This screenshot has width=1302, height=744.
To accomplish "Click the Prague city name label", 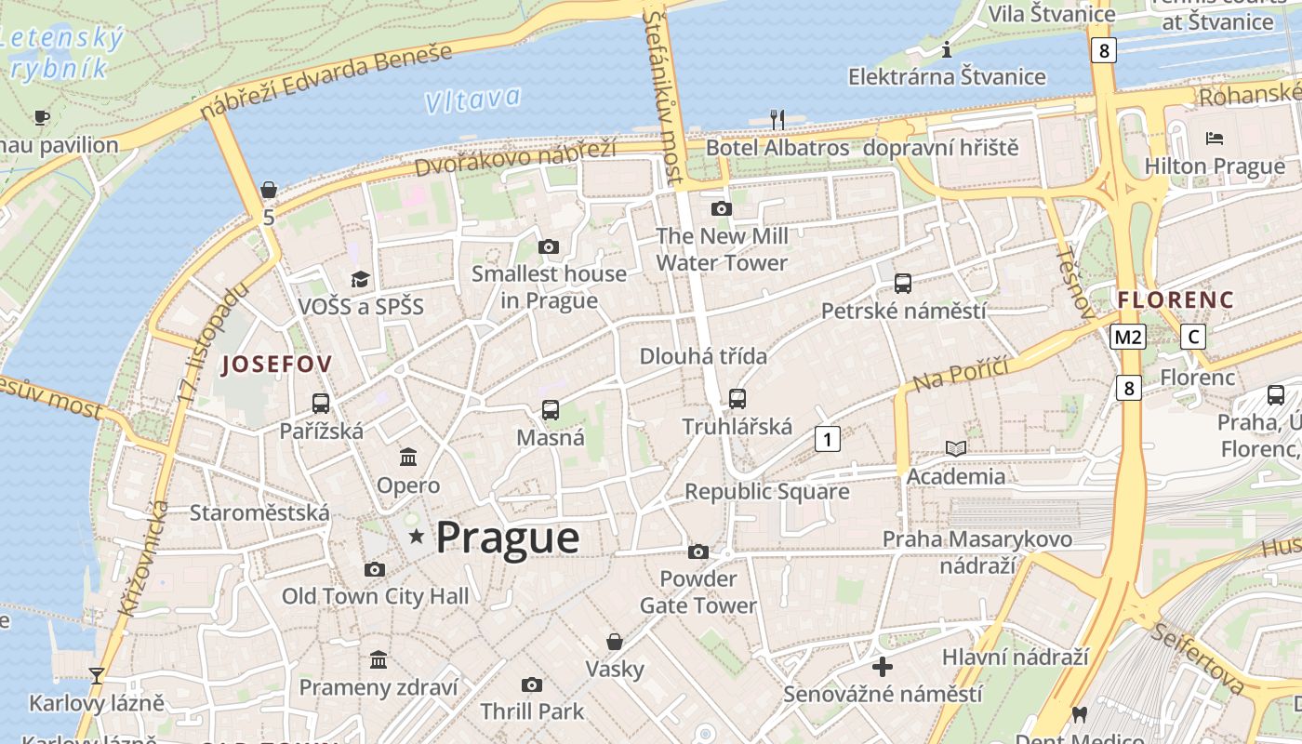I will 507,538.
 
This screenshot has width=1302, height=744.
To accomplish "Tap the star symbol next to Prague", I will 417,536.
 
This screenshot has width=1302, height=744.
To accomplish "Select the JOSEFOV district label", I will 276,365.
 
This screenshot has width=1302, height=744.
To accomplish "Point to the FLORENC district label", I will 1176,300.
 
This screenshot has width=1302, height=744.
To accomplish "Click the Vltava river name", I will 472,100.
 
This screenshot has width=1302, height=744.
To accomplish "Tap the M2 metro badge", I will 1127,337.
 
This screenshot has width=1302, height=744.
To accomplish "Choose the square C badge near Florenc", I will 1192,337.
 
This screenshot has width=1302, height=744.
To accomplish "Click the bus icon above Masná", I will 550,409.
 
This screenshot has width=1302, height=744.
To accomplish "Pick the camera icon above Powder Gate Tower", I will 697,551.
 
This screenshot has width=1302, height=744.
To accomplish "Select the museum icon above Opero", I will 407,457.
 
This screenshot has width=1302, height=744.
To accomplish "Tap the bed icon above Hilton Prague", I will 1214,139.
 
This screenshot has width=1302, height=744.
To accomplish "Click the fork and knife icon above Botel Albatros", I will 777,119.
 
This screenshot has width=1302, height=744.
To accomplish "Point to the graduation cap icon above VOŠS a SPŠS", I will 360,278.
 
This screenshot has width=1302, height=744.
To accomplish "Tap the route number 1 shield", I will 827,438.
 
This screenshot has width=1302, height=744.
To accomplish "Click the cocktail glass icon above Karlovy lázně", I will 96,675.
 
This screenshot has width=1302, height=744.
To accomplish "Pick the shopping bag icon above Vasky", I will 614,642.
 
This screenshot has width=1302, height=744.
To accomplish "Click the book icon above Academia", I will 955,448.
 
